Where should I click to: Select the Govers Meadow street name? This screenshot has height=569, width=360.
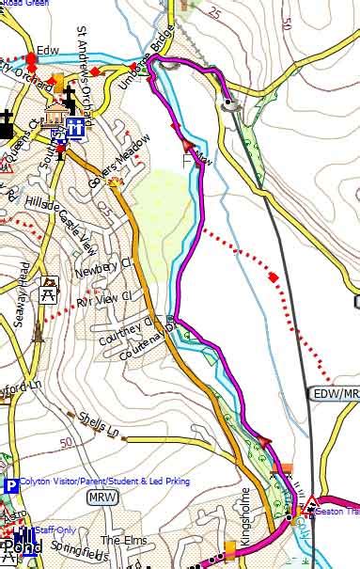tap(117, 153)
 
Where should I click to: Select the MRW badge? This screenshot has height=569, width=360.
tap(101, 496)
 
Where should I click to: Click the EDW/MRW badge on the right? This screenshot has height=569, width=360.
tap(336, 394)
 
